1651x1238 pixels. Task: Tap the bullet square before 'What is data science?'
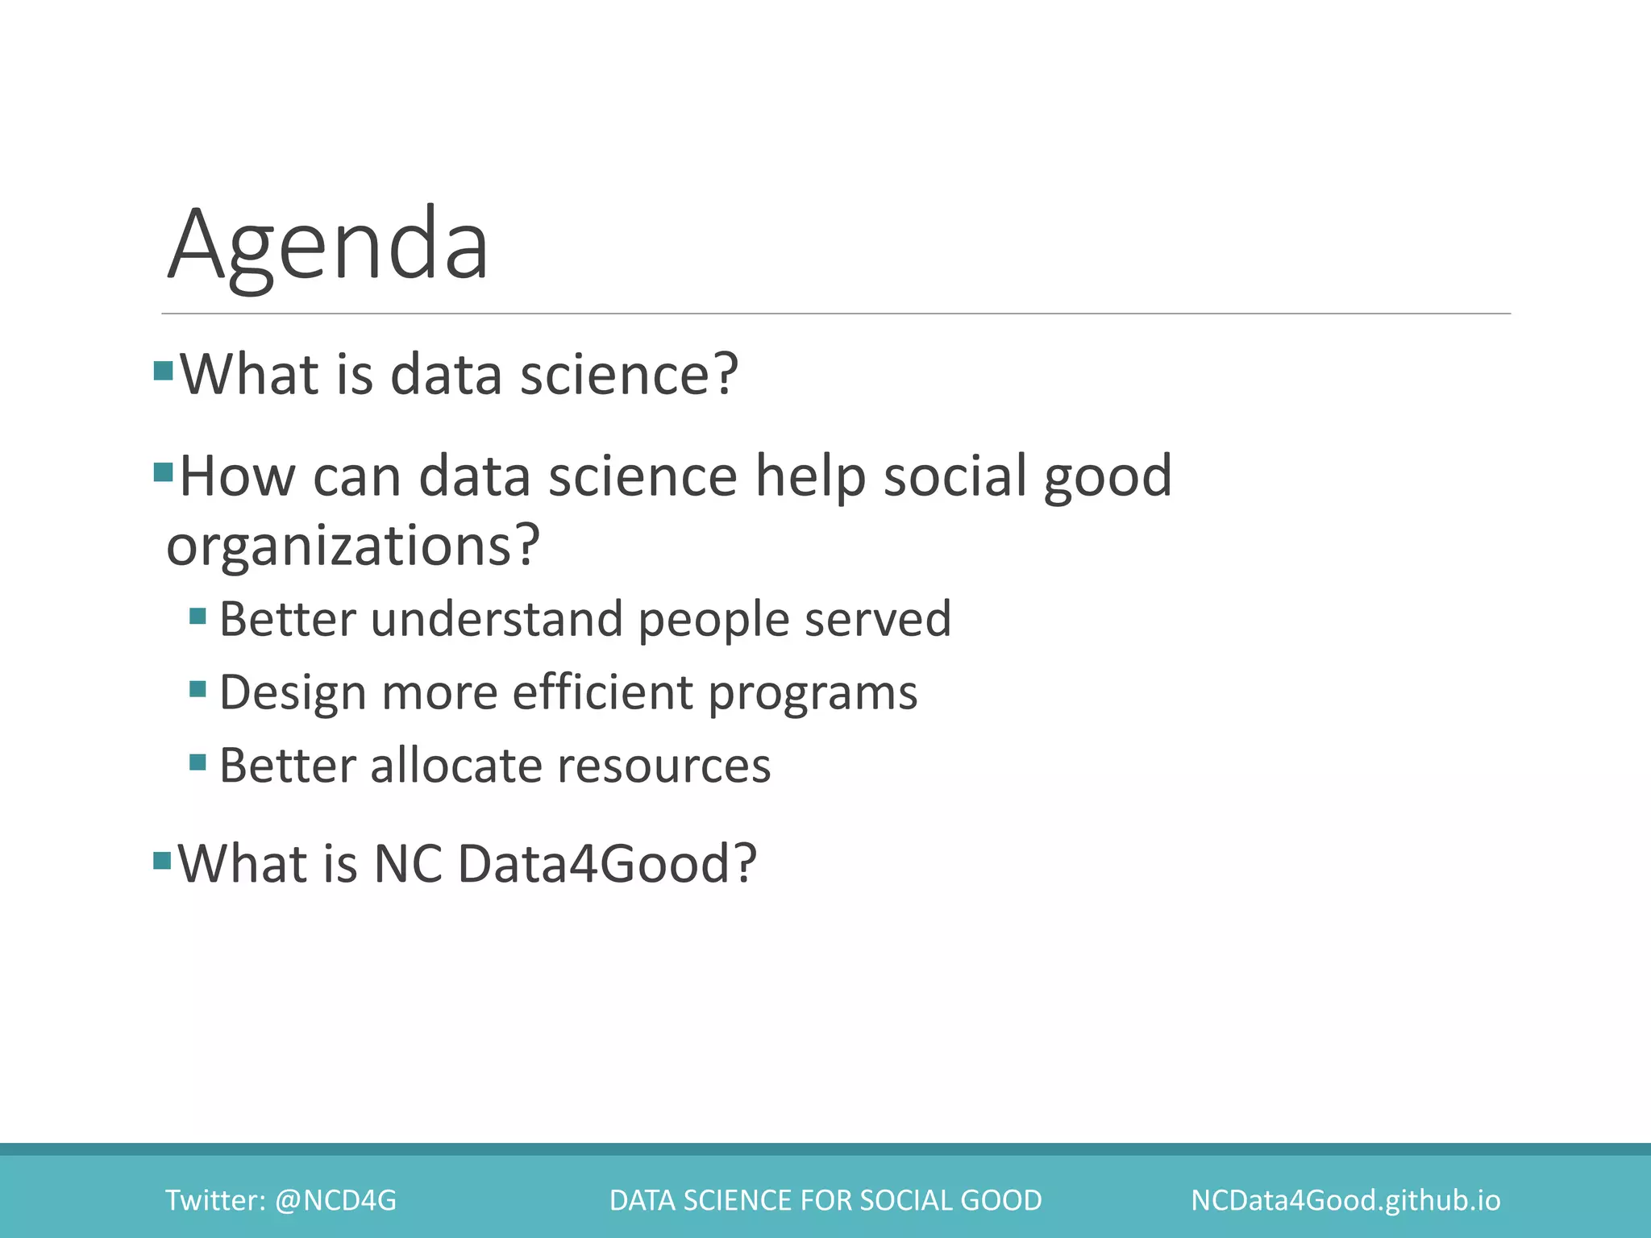[x=163, y=371]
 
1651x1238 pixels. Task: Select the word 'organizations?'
[x=352, y=546]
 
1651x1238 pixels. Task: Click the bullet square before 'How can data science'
[x=163, y=472]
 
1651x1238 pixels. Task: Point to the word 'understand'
[x=497, y=619]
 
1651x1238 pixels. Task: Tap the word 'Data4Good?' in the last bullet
[x=607, y=863]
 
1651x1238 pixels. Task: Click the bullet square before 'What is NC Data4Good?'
[x=162, y=860]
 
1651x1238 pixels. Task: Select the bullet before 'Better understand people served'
[x=198, y=617]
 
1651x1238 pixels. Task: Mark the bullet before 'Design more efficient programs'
[x=198, y=689]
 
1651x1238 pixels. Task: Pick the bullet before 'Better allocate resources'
[x=198, y=762]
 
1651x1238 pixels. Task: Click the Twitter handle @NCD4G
[x=335, y=1200]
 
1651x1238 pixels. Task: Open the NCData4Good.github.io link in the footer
[x=1345, y=1200]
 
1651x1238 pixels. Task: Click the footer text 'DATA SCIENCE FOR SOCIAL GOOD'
[x=825, y=1200]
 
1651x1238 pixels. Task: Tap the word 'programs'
[x=813, y=694]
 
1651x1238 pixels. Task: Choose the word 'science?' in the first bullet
[x=629, y=375]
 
